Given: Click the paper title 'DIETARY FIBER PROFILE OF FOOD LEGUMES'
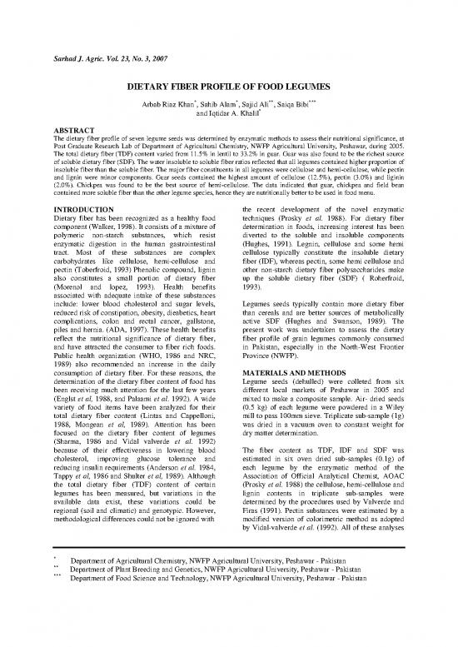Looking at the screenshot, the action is point(228,87).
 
